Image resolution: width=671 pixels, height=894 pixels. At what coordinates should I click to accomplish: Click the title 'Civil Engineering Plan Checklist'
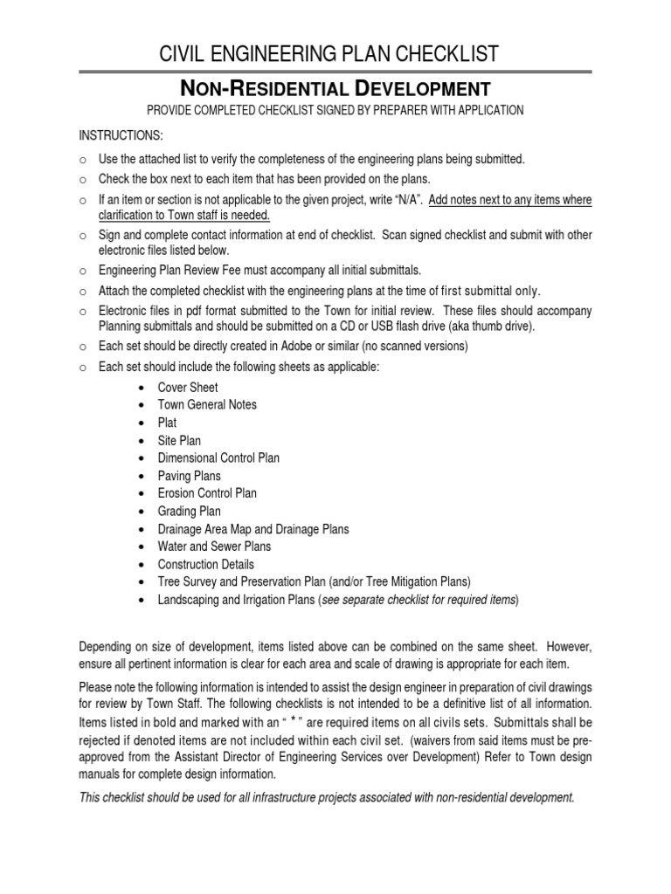pos(335,54)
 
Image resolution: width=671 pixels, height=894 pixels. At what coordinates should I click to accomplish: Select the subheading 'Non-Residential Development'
pos(335,88)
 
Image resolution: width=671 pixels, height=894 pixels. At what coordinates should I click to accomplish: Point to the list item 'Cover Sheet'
pos(188,388)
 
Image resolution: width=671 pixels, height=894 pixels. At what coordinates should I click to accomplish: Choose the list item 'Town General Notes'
pos(207,405)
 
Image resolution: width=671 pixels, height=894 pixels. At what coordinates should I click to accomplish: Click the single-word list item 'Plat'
pos(167,423)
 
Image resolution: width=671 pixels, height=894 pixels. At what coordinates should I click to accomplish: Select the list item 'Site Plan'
pos(179,441)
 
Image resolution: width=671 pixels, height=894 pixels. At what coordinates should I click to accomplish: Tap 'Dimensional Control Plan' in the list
pos(218,458)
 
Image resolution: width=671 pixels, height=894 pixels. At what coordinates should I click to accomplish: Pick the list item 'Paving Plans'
pos(189,476)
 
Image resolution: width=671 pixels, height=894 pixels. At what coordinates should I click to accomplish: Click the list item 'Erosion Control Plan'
pos(207,493)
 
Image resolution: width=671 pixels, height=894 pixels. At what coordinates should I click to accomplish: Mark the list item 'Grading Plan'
pos(189,512)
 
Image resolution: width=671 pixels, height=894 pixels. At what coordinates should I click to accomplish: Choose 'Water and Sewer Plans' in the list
pos(214,547)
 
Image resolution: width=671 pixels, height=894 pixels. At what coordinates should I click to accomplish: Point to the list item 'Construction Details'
pos(206,564)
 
